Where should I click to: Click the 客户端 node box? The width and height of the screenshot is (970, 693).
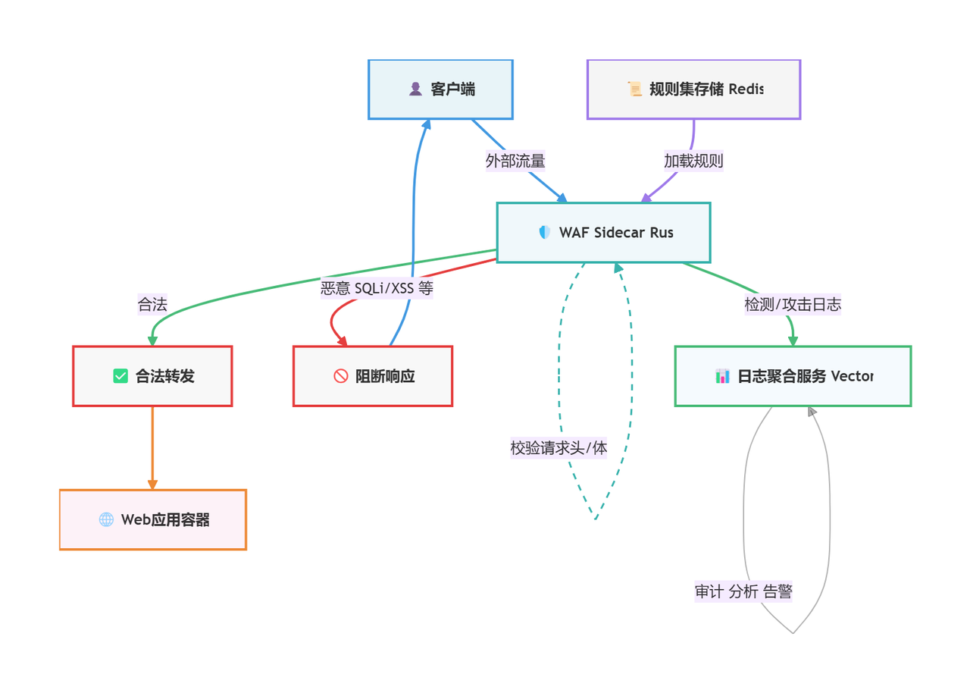tap(440, 89)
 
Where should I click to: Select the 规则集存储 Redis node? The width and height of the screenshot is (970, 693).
tap(693, 89)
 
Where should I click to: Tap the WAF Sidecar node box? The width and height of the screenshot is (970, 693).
tap(603, 233)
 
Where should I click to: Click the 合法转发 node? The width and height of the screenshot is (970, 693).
tap(152, 376)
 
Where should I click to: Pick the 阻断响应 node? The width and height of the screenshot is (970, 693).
tap(373, 376)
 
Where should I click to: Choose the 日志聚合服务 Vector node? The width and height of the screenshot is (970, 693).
tap(793, 376)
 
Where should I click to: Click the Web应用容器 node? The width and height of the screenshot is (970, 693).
tap(153, 519)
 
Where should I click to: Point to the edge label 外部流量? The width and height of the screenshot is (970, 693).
tap(515, 161)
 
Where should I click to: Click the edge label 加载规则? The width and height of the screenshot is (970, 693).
tap(693, 161)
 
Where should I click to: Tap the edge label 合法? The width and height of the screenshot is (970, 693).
tap(152, 304)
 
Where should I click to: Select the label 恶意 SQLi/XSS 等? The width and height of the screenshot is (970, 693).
tap(377, 288)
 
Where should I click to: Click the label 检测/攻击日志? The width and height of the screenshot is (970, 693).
tap(793, 304)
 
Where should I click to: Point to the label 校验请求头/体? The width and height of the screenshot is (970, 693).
tap(559, 448)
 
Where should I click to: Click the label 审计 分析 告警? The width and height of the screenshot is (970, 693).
tap(743, 592)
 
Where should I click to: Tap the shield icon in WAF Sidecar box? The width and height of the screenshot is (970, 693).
tap(545, 233)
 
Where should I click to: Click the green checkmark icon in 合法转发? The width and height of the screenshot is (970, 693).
tap(120, 376)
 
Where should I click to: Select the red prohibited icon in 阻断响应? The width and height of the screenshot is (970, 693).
tap(340, 376)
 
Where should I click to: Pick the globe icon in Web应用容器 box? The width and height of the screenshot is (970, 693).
tap(106, 519)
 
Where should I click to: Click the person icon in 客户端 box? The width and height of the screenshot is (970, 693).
tap(415, 89)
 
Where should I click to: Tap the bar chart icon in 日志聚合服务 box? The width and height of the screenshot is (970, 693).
tap(722, 376)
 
